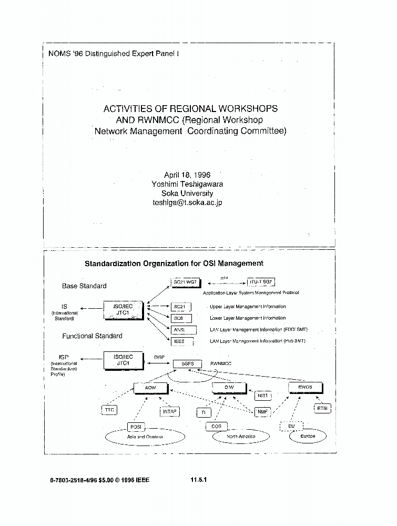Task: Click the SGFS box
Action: (x=187, y=363)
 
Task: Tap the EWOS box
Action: (x=305, y=388)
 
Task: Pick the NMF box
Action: (x=262, y=412)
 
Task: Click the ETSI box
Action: (x=322, y=409)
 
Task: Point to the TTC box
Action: (x=109, y=410)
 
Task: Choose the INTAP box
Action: (x=169, y=412)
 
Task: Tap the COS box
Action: (x=216, y=427)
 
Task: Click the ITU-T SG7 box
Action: (x=261, y=282)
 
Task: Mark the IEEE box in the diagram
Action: (x=179, y=341)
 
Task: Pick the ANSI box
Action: (x=179, y=330)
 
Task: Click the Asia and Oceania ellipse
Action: (x=145, y=437)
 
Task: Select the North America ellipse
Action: (x=241, y=437)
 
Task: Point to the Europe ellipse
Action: (x=308, y=437)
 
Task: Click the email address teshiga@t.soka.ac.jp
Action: (x=187, y=203)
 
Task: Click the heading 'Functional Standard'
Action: (x=92, y=336)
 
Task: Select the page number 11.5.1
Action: (x=198, y=480)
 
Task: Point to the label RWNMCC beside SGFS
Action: (x=221, y=363)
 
